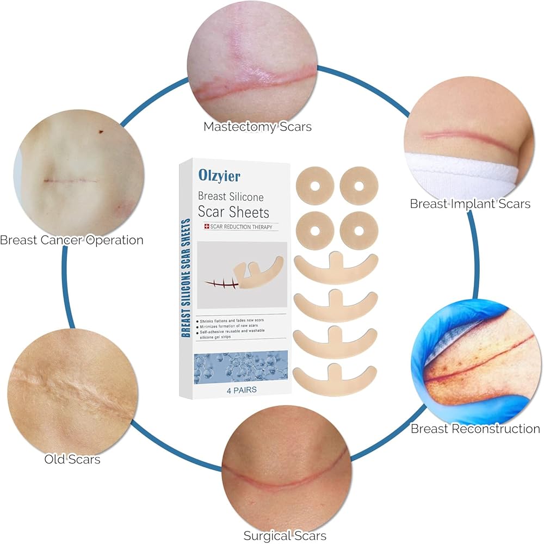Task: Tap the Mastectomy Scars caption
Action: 257,127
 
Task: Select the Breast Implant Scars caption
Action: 470,204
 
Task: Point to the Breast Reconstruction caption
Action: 475,429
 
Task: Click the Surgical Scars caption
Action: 285,535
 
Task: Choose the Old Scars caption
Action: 72,459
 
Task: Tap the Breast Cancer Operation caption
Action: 72,240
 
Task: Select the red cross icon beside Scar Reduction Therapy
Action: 207,227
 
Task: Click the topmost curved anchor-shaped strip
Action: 335,267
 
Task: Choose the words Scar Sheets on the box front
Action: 233,211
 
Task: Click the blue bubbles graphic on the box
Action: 239,367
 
